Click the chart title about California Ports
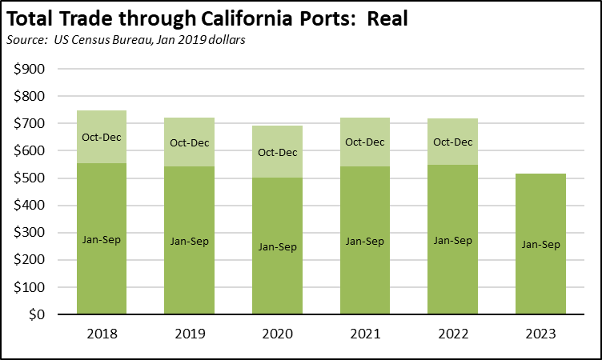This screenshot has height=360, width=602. pyautogui.click(x=207, y=19)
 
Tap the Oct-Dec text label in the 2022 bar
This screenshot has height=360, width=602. pyautogui.click(x=452, y=142)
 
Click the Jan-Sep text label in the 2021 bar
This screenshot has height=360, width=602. pyautogui.click(x=364, y=239)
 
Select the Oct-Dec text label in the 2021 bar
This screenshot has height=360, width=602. pyautogui.click(x=364, y=142)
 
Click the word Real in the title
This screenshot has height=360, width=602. pyautogui.click(x=387, y=19)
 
